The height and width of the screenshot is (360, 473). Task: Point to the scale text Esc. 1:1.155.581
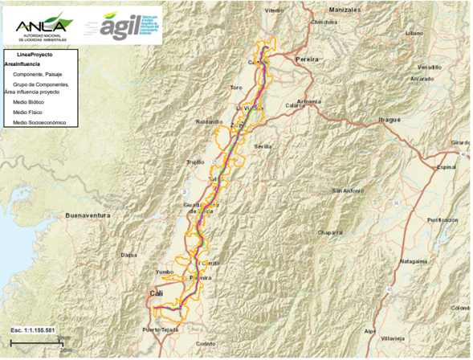coord(33,329)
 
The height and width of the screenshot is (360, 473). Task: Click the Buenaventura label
coord(87,215)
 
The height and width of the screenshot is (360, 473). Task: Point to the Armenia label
coord(308,101)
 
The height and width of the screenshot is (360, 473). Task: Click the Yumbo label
coord(164,272)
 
